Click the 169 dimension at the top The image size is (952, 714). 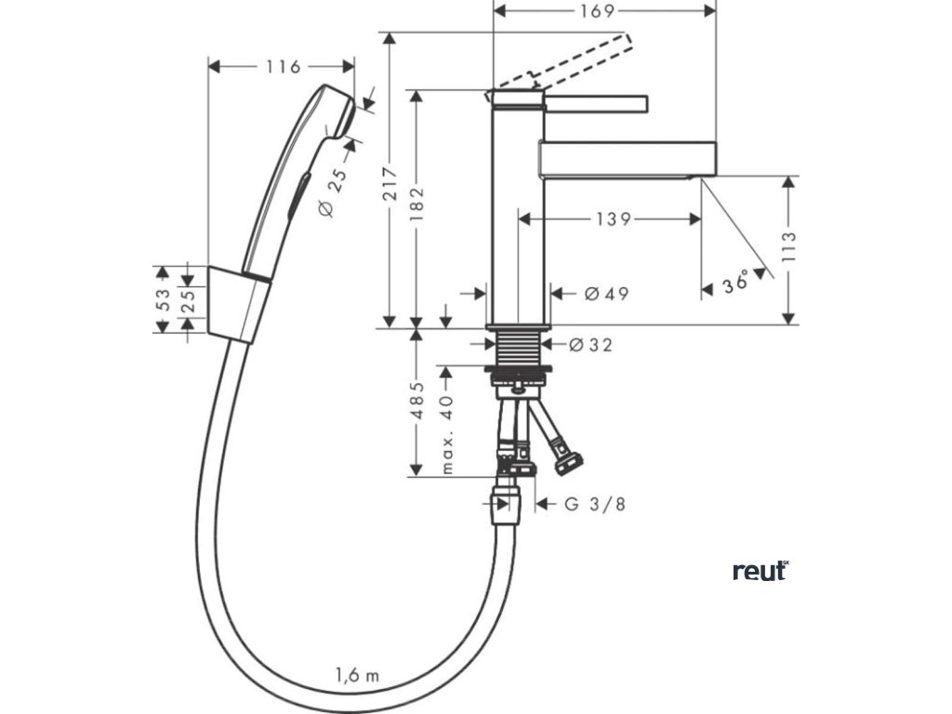604,11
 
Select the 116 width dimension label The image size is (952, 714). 282,67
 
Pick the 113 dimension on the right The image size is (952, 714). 790,249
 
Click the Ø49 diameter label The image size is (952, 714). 606,294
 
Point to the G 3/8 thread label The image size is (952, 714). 596,505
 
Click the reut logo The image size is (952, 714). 760,571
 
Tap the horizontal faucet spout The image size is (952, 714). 628,159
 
